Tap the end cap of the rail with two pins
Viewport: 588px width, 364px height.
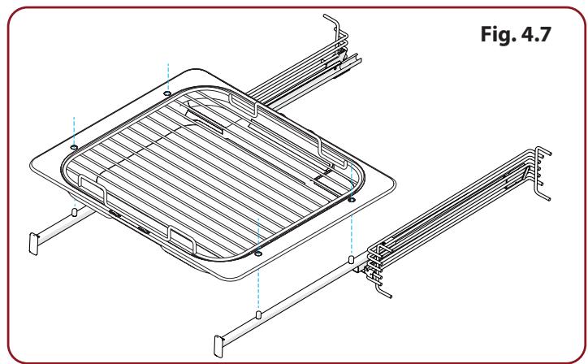[x=218, y=346]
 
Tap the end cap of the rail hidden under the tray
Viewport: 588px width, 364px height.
[x=34, y=244]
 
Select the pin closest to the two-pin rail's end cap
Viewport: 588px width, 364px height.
[x=258, y=314]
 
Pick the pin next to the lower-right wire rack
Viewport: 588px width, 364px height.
[x=352, y=259]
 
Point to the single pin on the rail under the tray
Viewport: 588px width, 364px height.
[x=74, y=212]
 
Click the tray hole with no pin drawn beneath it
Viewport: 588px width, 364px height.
[x=167, y=93]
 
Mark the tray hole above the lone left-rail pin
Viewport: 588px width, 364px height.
[x=74, y=147]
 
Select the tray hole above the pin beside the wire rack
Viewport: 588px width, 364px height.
[x=352, y=200]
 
